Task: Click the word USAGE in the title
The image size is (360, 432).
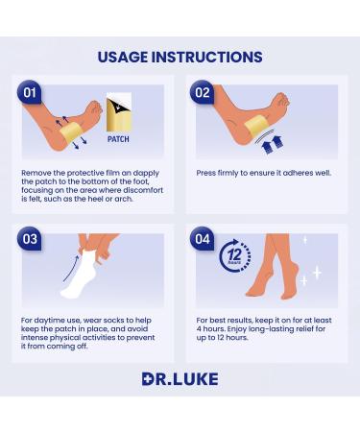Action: pos(123,57)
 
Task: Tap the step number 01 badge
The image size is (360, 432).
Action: pos(30,92)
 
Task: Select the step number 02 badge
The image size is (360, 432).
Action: pos(203,92)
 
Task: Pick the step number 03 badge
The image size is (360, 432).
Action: pos(30,239)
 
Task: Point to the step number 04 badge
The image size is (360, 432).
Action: pos(203,239)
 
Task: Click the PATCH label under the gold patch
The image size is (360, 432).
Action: pos(118,139)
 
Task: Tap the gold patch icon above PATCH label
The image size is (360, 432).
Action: pos(119,112)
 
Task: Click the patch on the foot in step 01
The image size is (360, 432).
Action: pos(69,132)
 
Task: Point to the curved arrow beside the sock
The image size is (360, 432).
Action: pos(70,268)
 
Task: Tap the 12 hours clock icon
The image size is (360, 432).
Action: pos(235,256)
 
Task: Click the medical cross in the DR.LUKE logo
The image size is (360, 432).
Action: pos(149,379)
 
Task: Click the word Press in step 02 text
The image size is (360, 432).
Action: pos(205,173)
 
